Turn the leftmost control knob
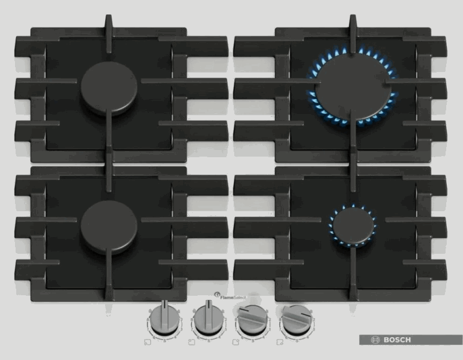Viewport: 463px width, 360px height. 162,319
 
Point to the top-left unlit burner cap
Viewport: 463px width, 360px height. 109,88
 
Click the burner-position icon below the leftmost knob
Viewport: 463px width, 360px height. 147,343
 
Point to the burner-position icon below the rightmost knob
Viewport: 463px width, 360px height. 280,343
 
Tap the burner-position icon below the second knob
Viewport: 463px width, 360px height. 191,343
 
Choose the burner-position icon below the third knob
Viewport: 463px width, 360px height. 235,343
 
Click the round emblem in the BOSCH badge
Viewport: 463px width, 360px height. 377,340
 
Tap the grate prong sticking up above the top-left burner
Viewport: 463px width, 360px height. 109,27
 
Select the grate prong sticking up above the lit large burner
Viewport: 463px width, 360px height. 353,27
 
